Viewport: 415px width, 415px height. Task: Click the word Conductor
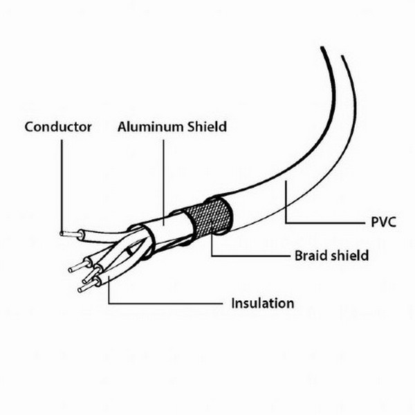coord(58,127)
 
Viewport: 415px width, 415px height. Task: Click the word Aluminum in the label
coord(143,127)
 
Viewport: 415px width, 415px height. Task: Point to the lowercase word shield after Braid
coord(350,256)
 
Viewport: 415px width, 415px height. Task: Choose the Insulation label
coord(263,303)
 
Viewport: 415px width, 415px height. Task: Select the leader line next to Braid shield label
coord(249,255)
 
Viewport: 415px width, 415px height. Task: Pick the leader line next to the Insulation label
coord(166,304)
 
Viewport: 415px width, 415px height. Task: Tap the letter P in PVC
coord(366,223)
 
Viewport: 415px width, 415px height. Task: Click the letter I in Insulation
coord(234,303)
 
